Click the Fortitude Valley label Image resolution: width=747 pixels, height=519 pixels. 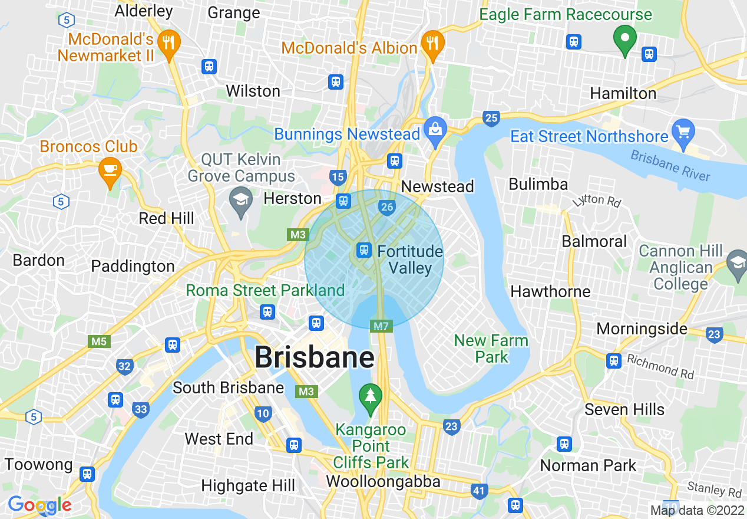click(409, 259)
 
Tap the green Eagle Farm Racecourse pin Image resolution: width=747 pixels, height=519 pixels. click(624, 40)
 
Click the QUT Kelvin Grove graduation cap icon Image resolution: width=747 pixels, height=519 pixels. click(241, 199)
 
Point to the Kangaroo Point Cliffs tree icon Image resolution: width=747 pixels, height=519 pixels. click(370, 396)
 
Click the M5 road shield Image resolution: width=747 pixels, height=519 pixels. click(98, 341)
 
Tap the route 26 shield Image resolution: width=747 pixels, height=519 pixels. click(387, 207)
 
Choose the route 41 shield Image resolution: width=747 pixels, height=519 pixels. click(480, 490)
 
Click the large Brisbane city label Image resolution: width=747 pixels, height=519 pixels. click(315, 357)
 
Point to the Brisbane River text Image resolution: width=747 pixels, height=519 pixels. click(670, 166)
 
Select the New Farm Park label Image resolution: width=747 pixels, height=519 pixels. click(491, 349)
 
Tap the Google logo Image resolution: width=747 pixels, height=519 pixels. click(39, 505)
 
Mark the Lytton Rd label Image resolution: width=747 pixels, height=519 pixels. click(597, 201)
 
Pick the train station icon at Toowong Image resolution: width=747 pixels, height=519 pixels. click(88, 474)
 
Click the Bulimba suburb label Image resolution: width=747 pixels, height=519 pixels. click(538, 184)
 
